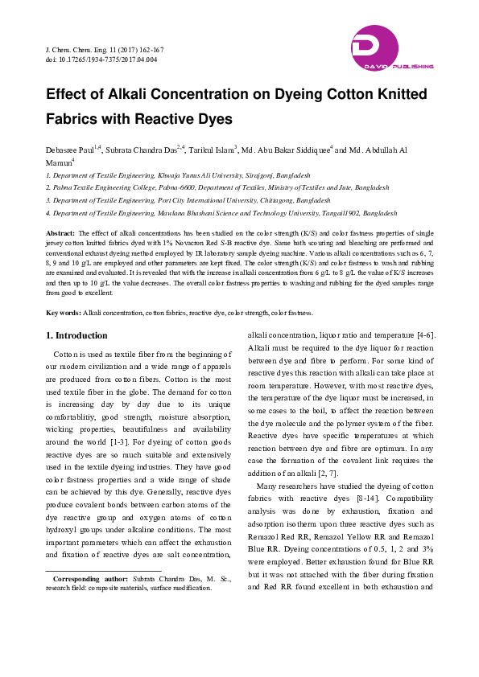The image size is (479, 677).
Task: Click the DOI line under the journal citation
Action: [x=101, y=59]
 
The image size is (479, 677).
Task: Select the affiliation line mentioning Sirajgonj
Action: [x=178, y=174]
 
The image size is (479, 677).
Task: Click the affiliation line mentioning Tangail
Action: [x=221, y=213]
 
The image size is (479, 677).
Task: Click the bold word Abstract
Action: [x=61, y=232]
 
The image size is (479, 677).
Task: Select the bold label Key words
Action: [x=63, y=312]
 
